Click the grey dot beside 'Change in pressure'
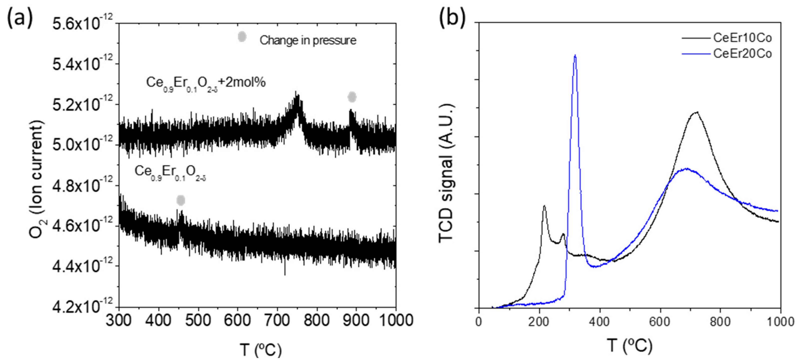pyautogui.click(x=242, y=37)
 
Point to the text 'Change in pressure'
pyautogui.click(x=308, y=40)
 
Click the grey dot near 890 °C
pyautogui.click(x=352, y=97)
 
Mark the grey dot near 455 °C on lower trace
pyautogui.click(x=181, y=200)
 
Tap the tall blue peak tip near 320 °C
pyautogui.click(x=575, y=56)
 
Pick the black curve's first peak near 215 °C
pyautogui.click(x=544, y=206)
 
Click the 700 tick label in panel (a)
pyautogui.click(x=277, y=321)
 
